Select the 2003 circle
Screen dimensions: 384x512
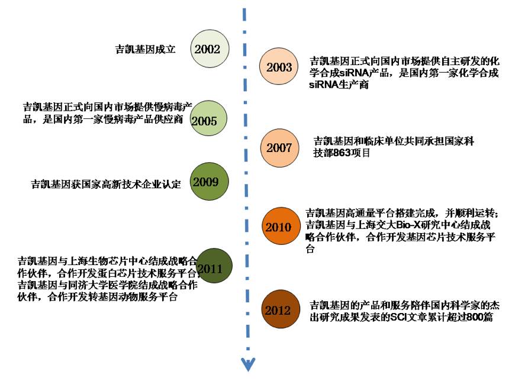(x=279, y=67)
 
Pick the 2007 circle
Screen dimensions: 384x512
(x=278, y=148)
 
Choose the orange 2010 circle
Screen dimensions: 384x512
(x=278, y=227)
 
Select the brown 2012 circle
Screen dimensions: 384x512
(x=278, y=310)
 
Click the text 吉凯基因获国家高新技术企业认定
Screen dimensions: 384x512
(x=105, y=184)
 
